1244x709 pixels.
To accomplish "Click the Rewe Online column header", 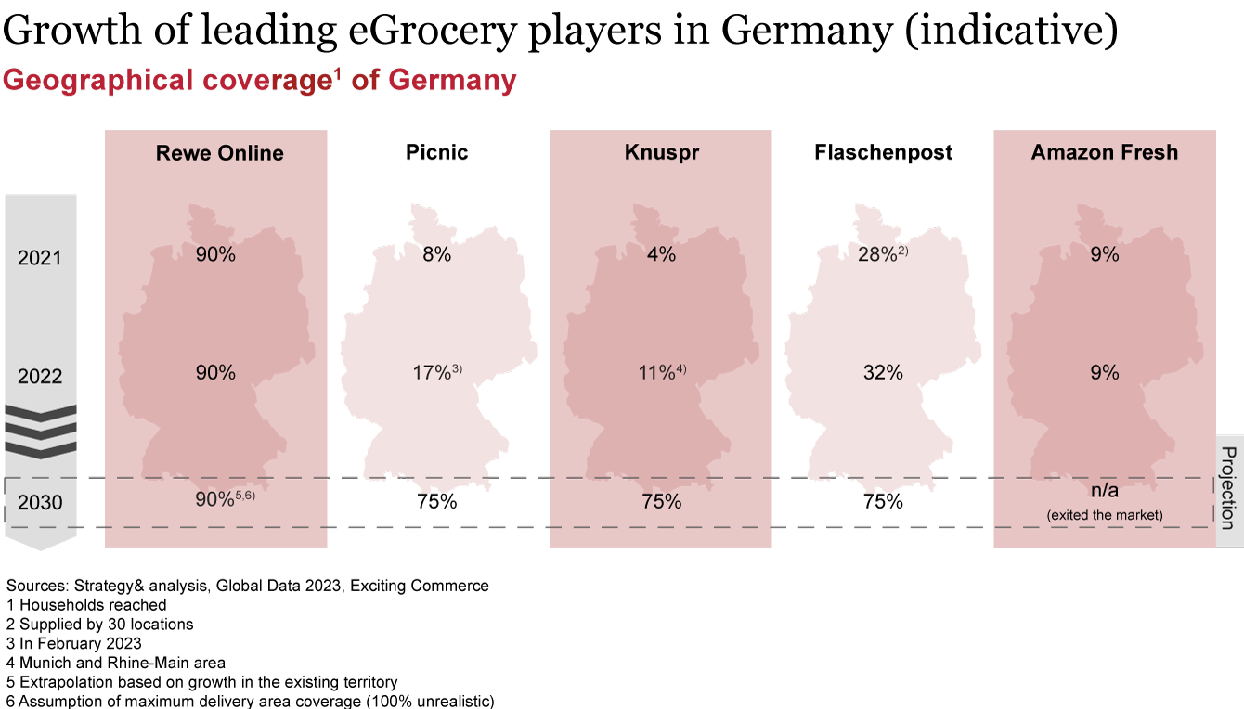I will point(219,153).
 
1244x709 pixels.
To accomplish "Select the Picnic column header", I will point(437,152).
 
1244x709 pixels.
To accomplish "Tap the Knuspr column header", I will point(661,153).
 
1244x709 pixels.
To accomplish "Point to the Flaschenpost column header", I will point(883,152).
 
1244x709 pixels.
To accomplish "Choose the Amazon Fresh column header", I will point(1104,152).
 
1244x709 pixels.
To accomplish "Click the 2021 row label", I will point(40,257).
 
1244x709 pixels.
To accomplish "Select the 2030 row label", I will point(40,503).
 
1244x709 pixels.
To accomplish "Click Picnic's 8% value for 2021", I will point(436,253).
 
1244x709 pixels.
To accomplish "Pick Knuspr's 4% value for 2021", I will point(661,253).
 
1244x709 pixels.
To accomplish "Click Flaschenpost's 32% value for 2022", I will point(882,373).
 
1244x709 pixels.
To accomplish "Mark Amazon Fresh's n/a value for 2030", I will point(1104,492).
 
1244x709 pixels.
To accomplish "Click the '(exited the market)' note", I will point(1104,514).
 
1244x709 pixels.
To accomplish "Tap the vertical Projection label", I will point(1228,488).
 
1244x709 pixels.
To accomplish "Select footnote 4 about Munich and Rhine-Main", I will point(116,663).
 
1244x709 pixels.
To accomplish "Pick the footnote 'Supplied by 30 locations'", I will point(99,624).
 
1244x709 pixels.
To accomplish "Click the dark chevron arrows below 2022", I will point(41,432).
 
